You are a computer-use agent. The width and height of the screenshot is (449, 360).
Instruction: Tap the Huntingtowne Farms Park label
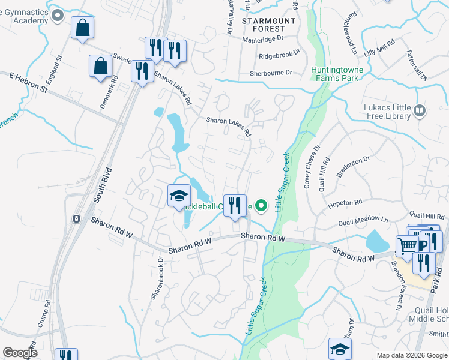[x=334, y=74]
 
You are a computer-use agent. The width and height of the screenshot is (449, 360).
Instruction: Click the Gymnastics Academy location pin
[x=58, y=15]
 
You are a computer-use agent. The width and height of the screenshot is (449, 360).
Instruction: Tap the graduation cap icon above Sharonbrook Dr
[x=178, y=196]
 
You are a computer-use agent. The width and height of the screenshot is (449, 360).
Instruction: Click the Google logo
[x=20, y=353]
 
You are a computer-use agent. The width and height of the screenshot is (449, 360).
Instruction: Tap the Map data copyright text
[x=412, y=355]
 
